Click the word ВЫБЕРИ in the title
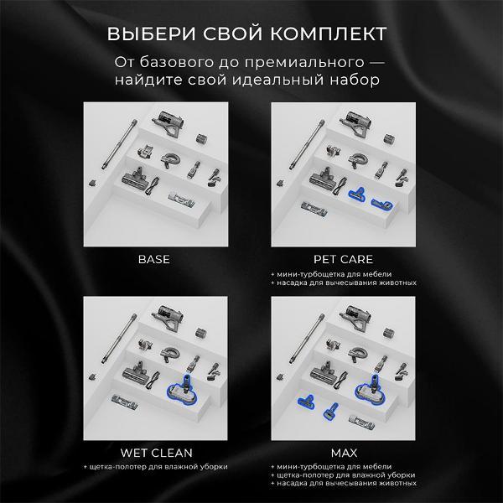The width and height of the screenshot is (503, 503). tap(151, 34)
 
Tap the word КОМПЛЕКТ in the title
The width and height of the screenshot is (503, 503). tap(329, 34)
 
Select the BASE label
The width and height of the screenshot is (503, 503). tap(154, 259)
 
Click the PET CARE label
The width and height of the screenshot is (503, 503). tap(343, 259)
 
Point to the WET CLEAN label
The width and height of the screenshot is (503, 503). tap(156, 453)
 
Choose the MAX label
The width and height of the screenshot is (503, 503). tap(344, 453)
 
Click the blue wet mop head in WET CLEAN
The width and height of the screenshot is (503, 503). tap(183, 390)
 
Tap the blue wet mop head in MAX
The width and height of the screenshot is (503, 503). tap(371, 390)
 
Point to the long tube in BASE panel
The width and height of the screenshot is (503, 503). tap(119, 144)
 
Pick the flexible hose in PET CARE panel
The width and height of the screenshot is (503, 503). tap(357, 160)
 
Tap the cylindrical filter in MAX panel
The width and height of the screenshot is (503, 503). tap(388, 333)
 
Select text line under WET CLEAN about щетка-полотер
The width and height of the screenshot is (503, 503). tap(156, 467)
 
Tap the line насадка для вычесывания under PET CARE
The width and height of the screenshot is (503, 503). tap(344, 283)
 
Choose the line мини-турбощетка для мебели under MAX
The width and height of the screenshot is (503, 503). tap(331, 467)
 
